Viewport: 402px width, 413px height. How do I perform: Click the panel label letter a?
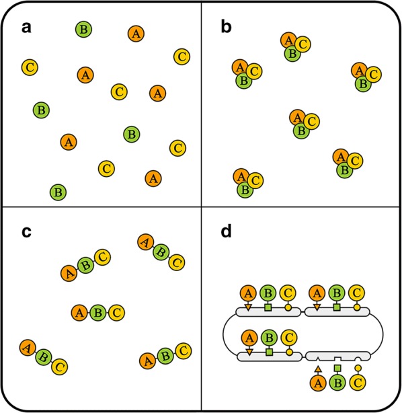coord(25,28)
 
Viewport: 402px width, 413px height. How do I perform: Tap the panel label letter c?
coord(25,232)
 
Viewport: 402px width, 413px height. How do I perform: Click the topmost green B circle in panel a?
coord(84,29)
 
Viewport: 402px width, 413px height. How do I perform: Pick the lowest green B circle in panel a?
coord(58,192)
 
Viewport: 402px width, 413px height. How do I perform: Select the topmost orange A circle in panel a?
coord(136,33)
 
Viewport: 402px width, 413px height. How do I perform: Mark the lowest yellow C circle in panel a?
coord(106,167)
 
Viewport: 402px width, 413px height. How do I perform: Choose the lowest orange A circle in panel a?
coord(153,178)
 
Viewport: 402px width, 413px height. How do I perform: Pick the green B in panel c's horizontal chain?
coord(98,312)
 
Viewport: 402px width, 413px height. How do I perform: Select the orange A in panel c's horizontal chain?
coord(80,312)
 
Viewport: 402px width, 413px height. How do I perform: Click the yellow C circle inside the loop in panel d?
coord(289,337)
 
